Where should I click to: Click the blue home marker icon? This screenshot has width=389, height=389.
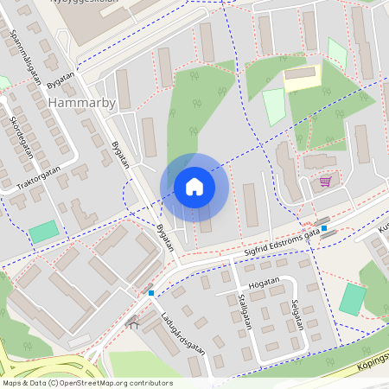[x=194, y=187]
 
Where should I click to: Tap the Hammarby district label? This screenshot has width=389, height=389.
[x=81, y=103]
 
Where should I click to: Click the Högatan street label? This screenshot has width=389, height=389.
[x=264, y=281]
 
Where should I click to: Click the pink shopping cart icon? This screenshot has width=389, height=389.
[x=325, y=182]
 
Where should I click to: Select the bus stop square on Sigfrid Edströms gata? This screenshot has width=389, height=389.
[x=323, y=229]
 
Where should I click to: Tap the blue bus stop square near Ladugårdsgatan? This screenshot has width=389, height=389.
[x=151, y=293]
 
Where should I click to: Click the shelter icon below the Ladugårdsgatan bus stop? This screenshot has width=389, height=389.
[x=133, y=322]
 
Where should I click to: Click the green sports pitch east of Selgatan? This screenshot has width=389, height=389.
[x=353, y=299]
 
